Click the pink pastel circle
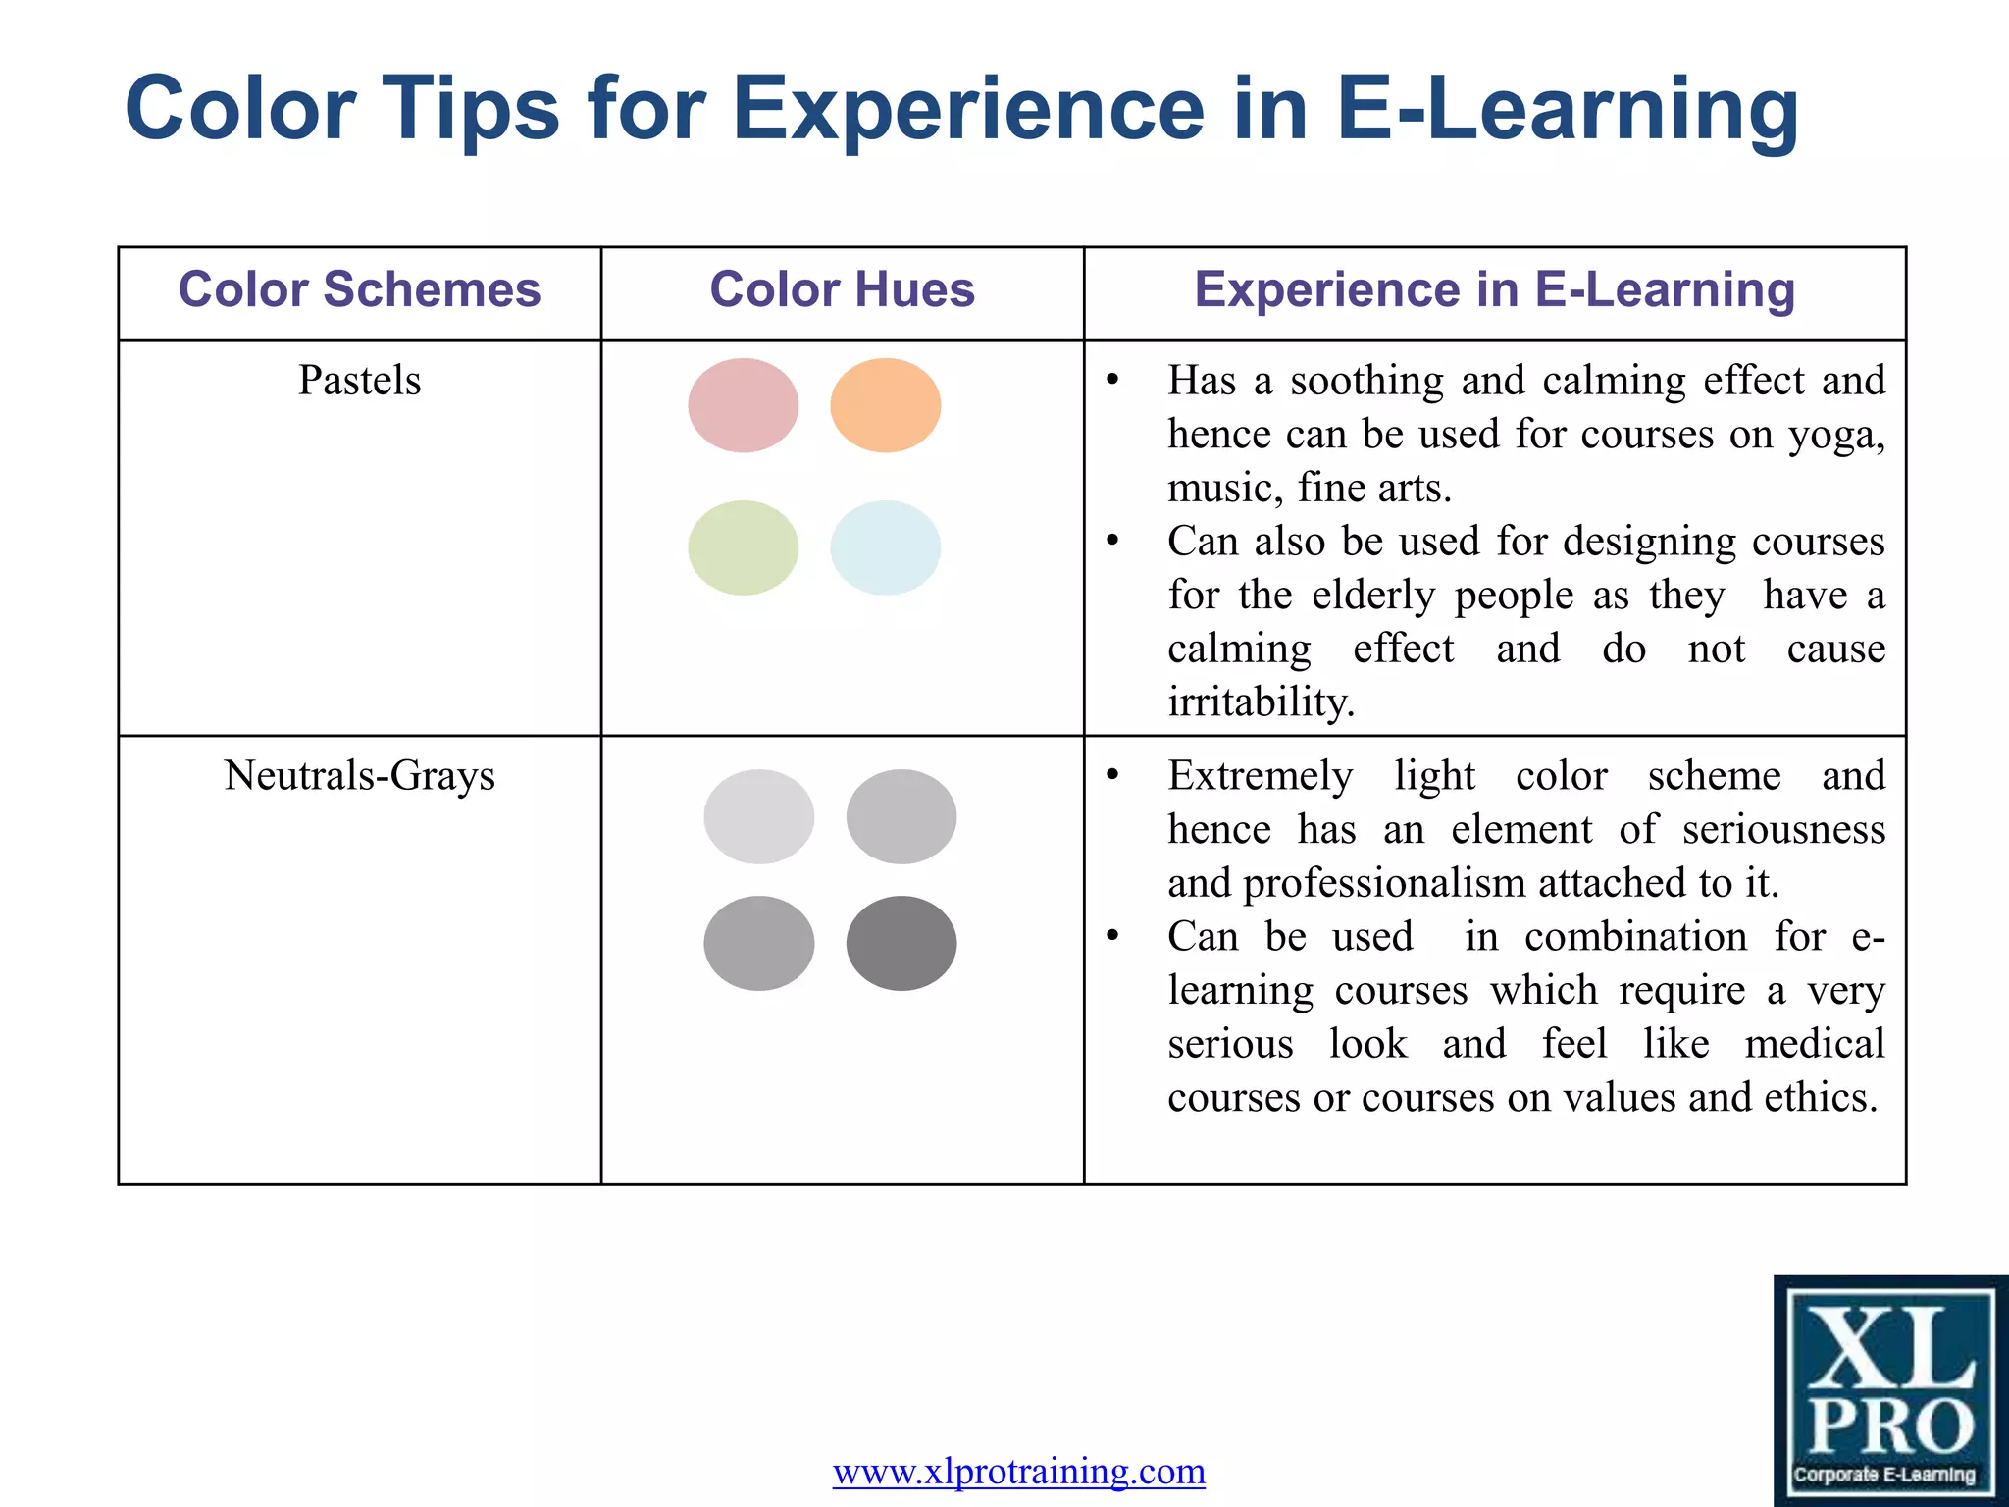click(743, 405)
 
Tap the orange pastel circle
click(885, 405)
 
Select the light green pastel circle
click(743, 547)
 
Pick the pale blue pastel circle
click(885, 547)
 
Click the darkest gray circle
click(901, 943)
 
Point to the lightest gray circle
click(758, 816)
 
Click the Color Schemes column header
click(359, 290)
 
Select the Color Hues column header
click(842, 290)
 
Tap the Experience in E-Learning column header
click(1494, 290)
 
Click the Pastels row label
click(359, 381)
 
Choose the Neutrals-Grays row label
click(359, 776)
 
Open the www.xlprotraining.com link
click(1018, 1471)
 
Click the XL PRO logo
click(1890, 1390)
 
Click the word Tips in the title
click(470, 110)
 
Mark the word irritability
click(1261, 702)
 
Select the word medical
click(1814, 1043)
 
